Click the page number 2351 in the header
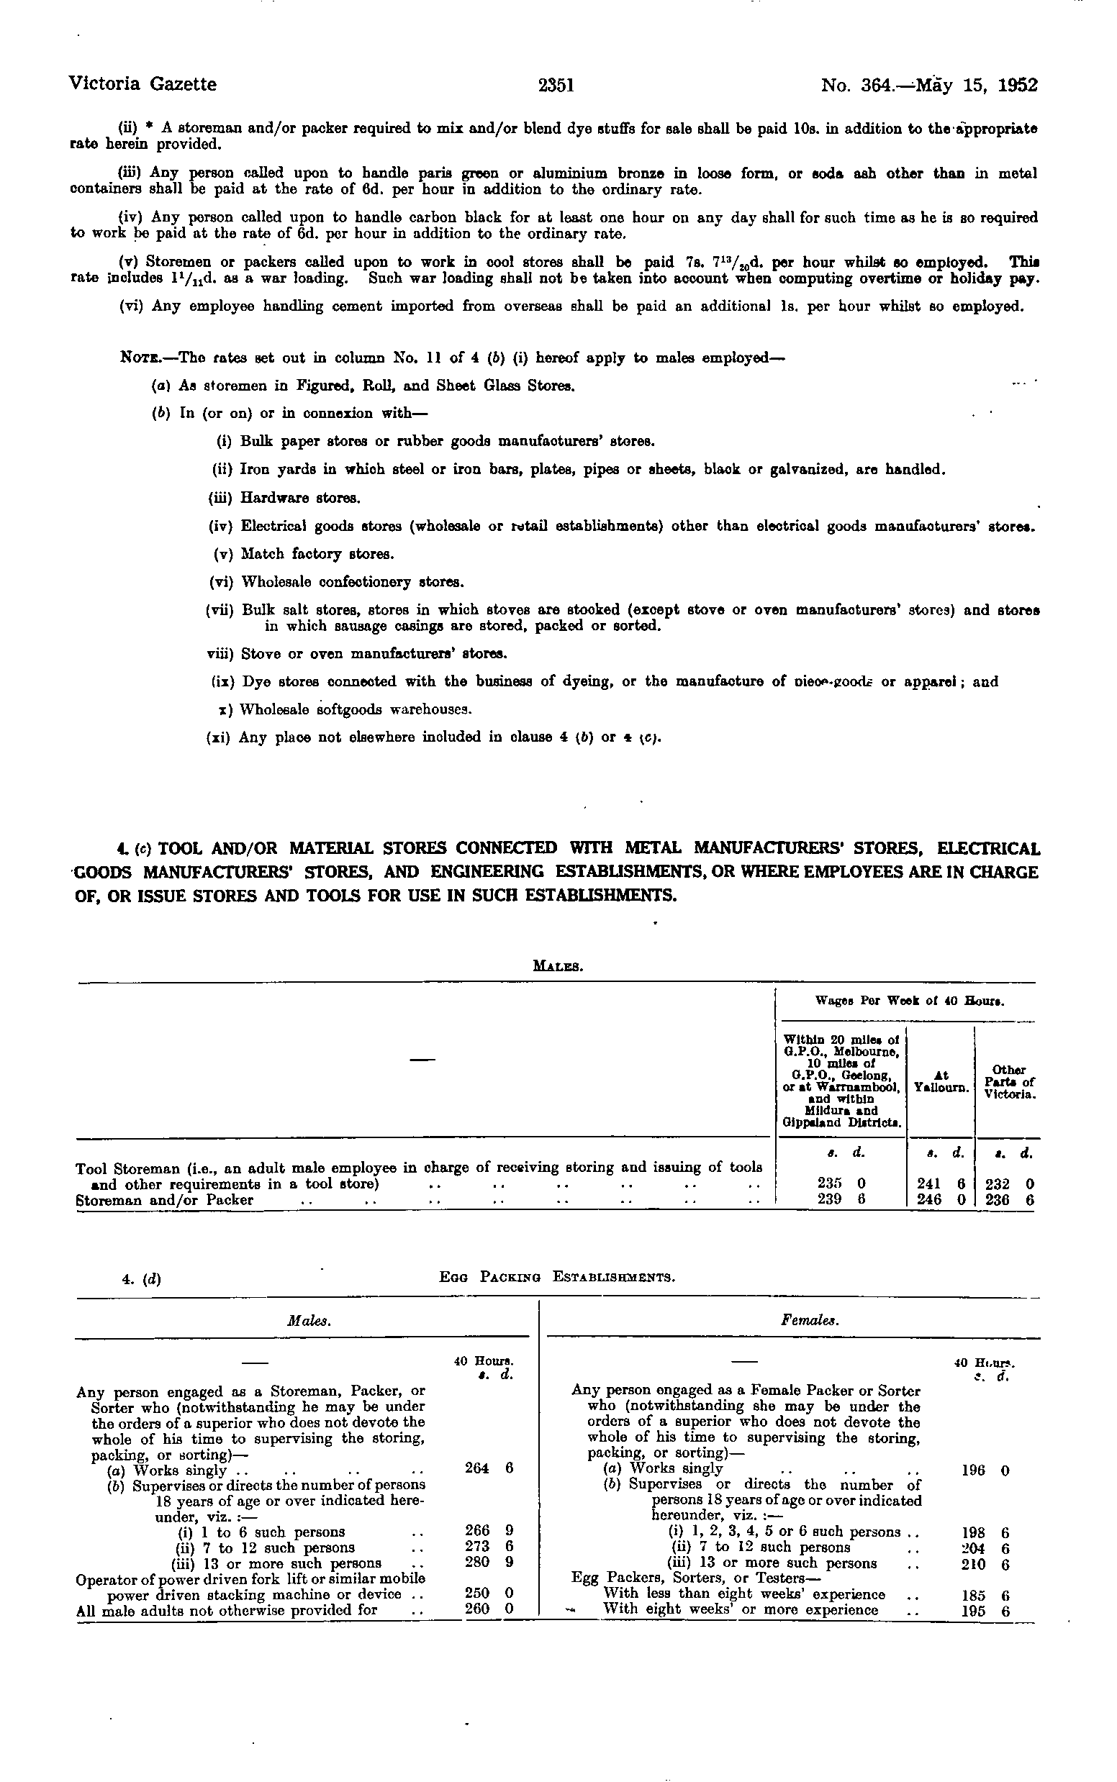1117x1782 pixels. click(556, 86)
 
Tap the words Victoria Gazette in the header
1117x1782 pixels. click(143, 85)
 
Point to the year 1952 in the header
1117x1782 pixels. click(1017, 86)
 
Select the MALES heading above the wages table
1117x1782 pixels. click(558, 965)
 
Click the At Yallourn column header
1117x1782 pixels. click(941, 1082)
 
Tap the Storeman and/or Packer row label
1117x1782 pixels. click(165, 1200)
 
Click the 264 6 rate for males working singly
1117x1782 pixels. click(488, 1468)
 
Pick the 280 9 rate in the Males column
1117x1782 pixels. click(488, 1562)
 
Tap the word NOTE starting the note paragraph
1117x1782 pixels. click(137, 358)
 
